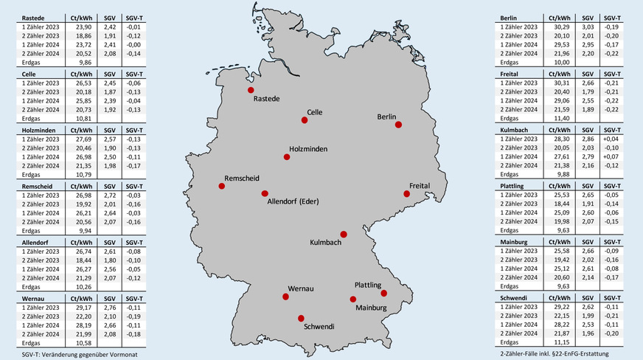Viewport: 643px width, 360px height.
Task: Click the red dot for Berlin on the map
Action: coord(399,125)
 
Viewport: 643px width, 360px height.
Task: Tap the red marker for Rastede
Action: coord(251,90)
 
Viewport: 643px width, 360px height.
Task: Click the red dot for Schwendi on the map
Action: coord(300,318)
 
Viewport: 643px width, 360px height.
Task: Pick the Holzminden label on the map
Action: coord(310,148)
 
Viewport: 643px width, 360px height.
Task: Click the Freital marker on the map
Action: coord(406,194)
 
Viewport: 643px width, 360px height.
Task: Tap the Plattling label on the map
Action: coord(367,285)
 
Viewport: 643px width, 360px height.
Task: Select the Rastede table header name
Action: coord(32,16)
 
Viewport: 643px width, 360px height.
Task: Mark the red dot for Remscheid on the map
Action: coord(221,186)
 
